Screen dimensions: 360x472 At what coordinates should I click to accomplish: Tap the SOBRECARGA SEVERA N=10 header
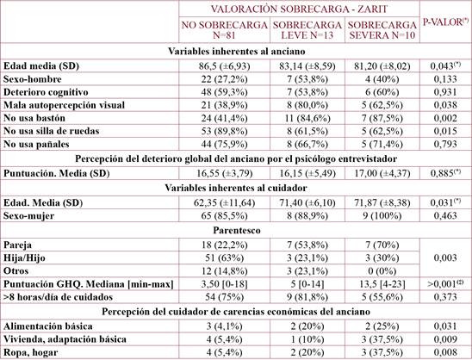[384, 30]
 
